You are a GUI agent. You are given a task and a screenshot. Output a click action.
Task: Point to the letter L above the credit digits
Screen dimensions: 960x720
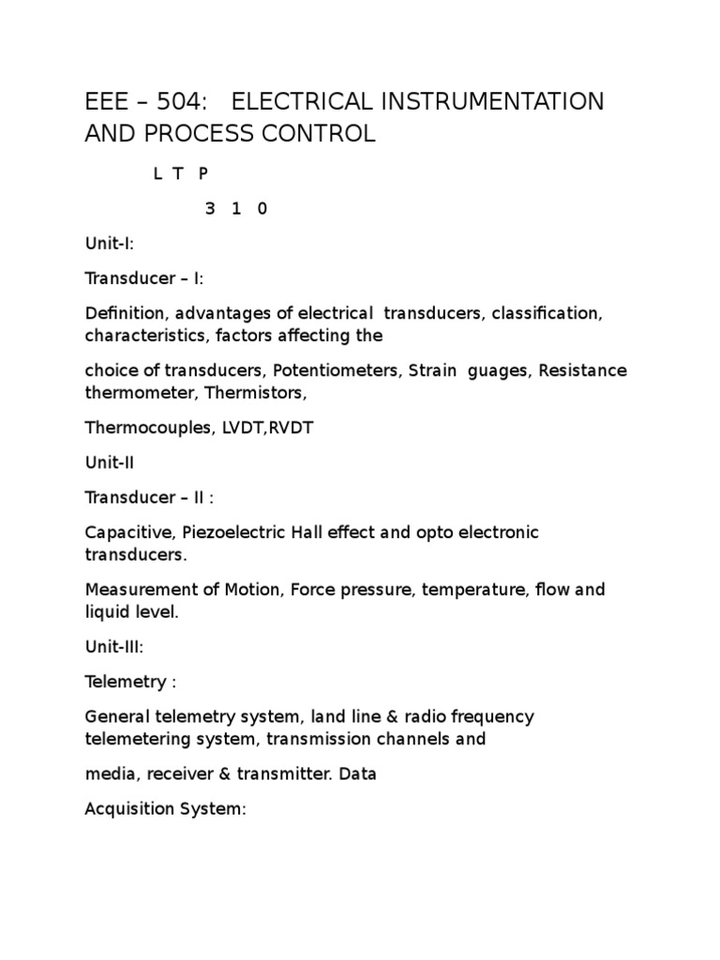[x=158, y=175]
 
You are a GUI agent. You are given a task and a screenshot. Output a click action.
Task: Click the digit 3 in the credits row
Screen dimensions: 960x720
[x=210, y=209]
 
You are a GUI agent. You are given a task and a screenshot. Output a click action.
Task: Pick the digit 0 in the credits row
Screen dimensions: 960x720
[x=262, y=209]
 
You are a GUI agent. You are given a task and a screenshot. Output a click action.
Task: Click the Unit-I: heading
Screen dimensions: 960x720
[x=110, y=244]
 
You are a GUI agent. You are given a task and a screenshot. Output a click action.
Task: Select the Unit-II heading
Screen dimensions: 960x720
[x=109, y=462]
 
